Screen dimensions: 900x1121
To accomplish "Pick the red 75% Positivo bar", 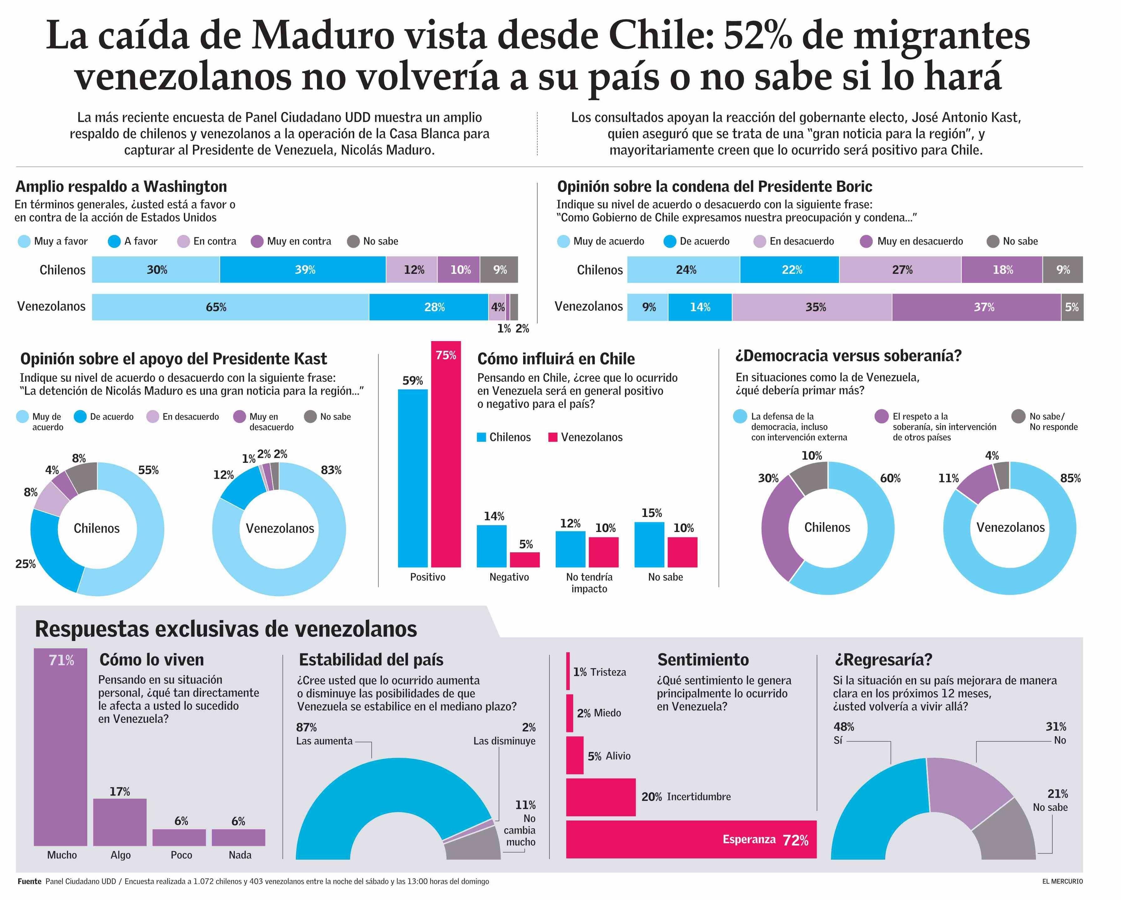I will (446, 458).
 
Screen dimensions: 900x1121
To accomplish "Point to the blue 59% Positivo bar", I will (413, 478).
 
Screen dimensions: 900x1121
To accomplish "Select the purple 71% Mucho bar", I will (61, 749).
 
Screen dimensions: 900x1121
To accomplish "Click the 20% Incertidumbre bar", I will (601, 797).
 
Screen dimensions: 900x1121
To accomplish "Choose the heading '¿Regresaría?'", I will (883, 660).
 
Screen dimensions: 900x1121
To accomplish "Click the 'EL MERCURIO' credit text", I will (1062, 881).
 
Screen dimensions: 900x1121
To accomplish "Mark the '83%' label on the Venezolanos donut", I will (331, 470).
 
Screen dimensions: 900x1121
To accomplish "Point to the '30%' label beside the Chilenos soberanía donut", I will (768, 478).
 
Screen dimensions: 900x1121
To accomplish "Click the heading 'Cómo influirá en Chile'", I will (556, 359).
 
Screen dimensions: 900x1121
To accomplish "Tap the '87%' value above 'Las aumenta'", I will (306, 727).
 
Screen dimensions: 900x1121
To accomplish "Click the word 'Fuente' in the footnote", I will (29, 881).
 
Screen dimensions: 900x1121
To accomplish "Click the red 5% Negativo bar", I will (525, 560).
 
